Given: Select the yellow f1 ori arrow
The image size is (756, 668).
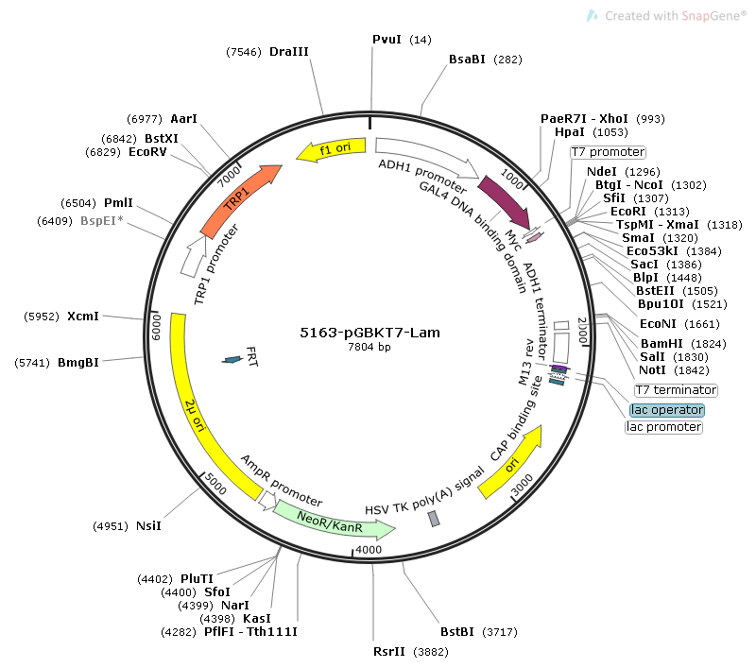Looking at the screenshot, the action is (332, 149).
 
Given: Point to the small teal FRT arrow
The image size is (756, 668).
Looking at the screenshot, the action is (232, 360).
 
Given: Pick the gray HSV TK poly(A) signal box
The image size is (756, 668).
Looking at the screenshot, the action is (434, 519).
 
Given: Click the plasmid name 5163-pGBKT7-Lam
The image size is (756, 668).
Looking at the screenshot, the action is (369, 333).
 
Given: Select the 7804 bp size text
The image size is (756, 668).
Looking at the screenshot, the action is (369, 347).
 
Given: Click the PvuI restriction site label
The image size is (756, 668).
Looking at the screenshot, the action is (387, 40).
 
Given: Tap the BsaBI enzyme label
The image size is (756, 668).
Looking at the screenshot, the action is (467, 60).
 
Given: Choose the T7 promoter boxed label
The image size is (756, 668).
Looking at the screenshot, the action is (608, 152).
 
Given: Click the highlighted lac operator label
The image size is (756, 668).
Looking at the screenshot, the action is (667, 410).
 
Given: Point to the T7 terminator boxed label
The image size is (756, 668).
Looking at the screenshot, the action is (676, 390).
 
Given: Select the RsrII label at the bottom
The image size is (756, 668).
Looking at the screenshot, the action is (389, 652).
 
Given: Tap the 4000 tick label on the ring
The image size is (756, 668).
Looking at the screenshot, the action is (369, 550).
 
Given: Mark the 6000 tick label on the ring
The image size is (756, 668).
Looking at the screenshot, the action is (156, 328).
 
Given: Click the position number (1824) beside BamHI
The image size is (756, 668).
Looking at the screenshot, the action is (708, 344).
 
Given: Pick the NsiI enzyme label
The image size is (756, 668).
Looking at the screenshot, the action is (148, 526).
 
